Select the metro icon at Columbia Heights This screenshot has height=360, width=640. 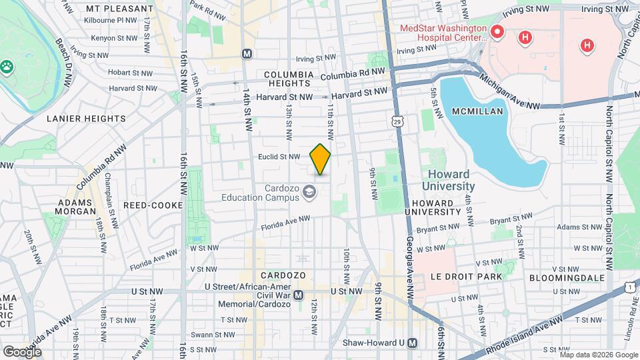point(247,53)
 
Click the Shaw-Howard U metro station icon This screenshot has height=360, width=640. point(413,343)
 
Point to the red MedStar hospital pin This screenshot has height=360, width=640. point(496,31)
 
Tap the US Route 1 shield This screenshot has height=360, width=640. point(630,286)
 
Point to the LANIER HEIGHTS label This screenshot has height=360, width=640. point(86,119)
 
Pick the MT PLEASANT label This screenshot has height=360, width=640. point(119,9)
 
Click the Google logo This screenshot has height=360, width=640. point(23,351)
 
